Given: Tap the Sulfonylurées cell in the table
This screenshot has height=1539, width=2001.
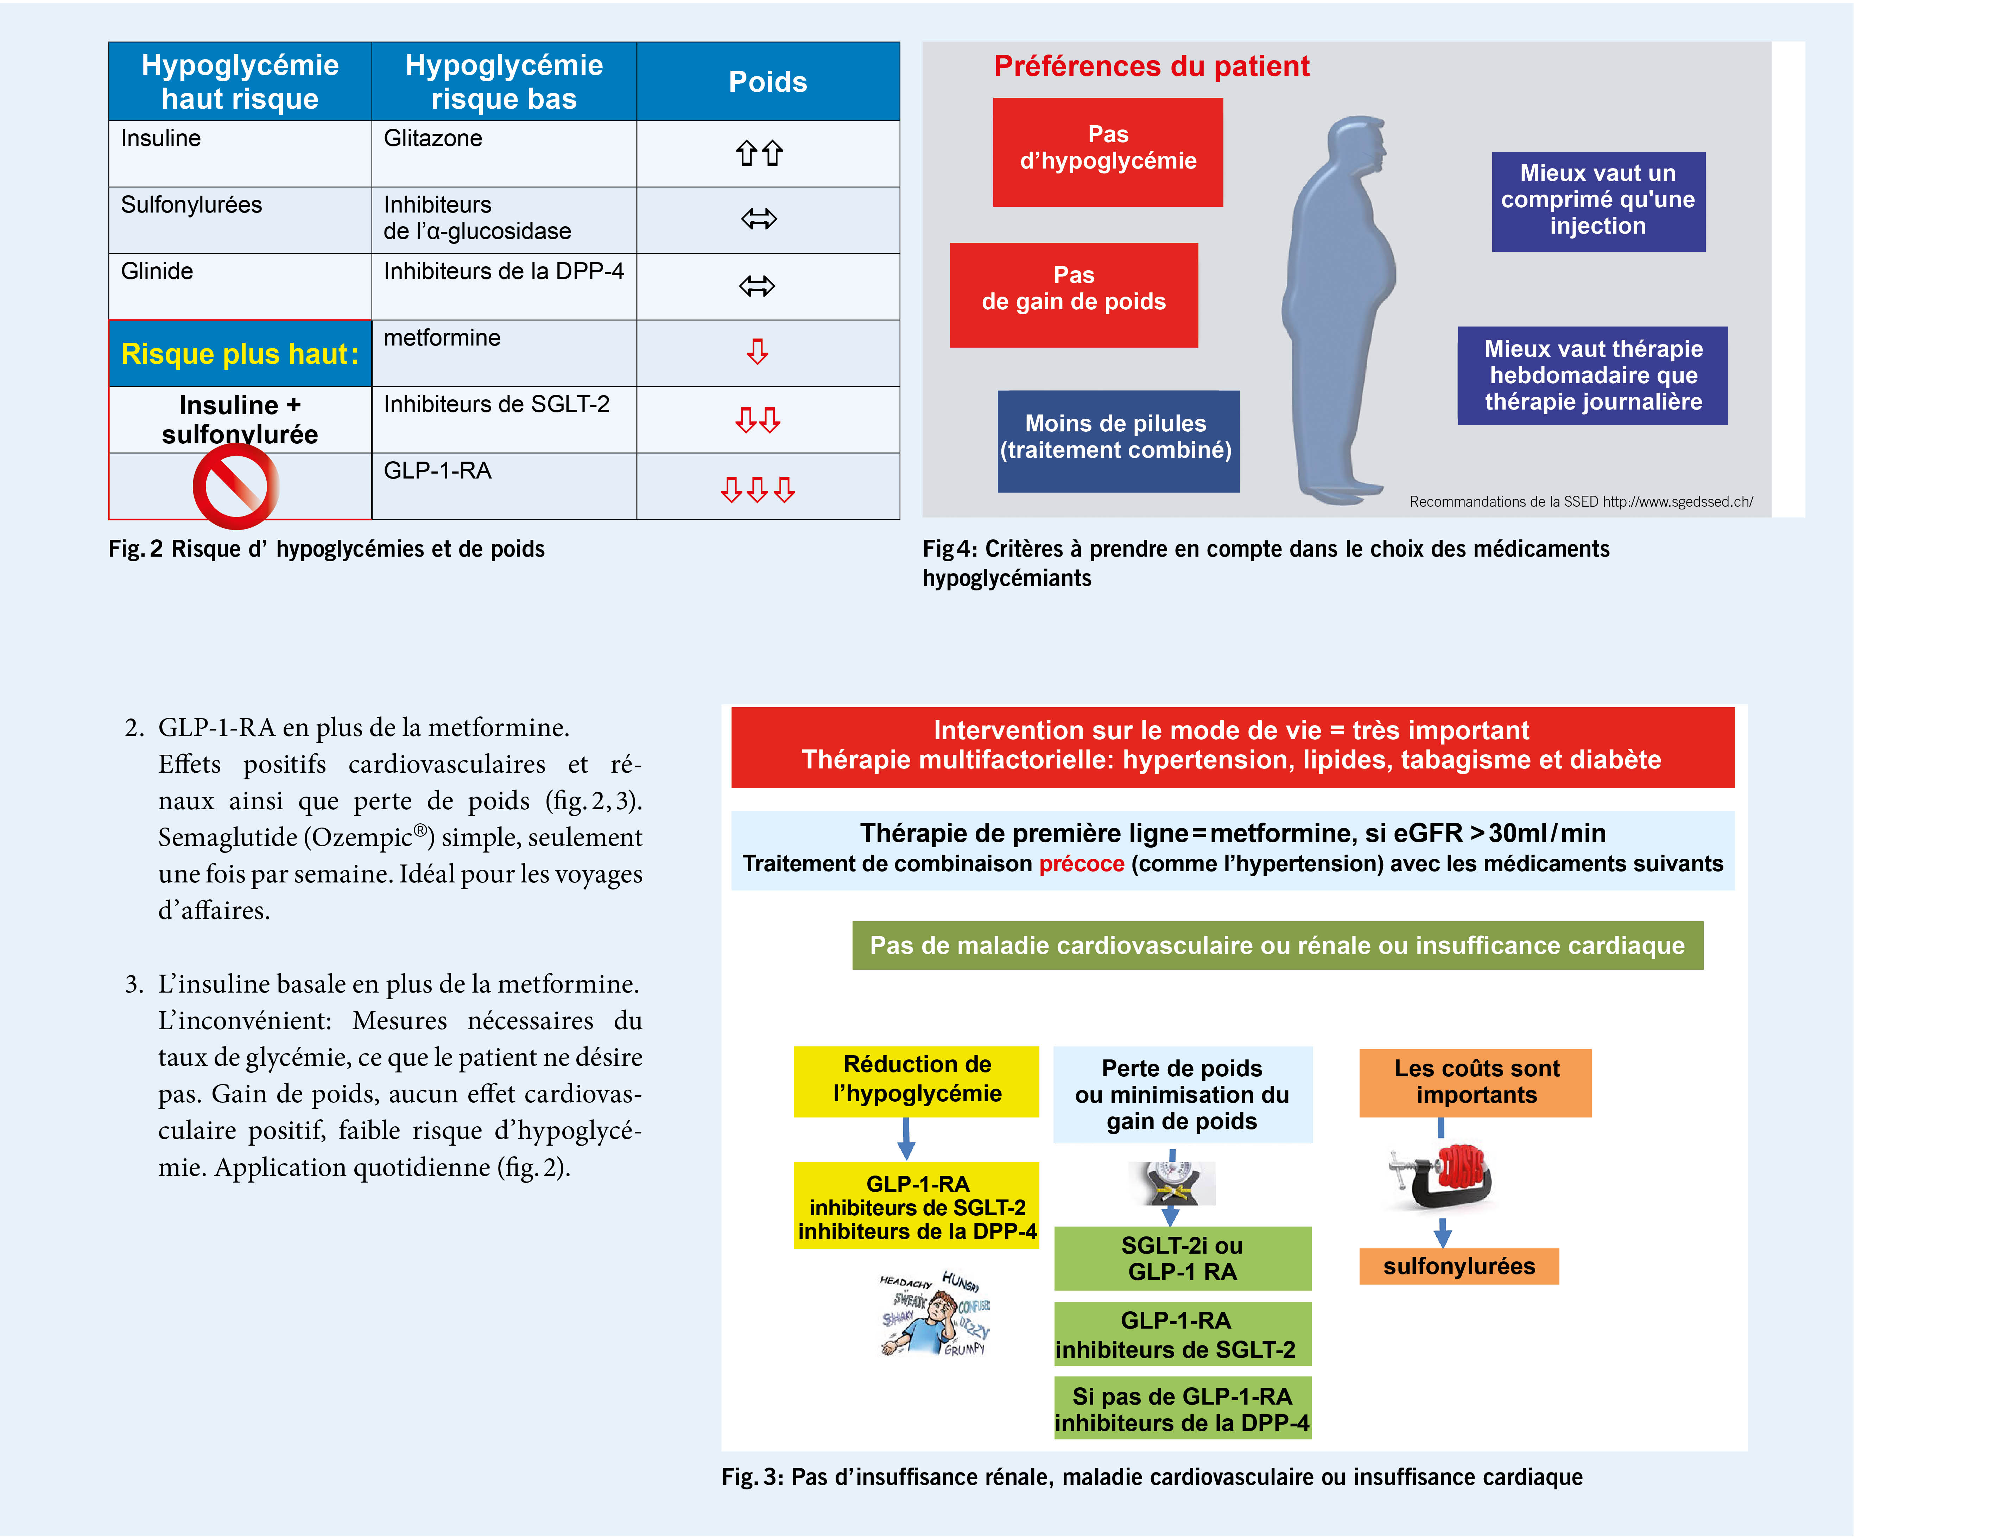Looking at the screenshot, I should coord(191,205).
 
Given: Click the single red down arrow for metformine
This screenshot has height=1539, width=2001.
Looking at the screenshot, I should coord(757,352).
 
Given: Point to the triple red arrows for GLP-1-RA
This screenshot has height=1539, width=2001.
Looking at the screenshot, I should coord(758,489).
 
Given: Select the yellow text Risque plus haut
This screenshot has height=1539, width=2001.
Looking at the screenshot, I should coord(239,354).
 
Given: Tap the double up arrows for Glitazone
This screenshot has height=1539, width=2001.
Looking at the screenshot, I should coord(759,153).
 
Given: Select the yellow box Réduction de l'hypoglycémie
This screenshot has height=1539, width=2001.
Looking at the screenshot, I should coord(916,1080).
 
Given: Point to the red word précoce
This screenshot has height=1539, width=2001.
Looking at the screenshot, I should coord(1081,864).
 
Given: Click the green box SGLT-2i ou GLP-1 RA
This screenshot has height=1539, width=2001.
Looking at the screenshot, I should coord(1182,1258).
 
